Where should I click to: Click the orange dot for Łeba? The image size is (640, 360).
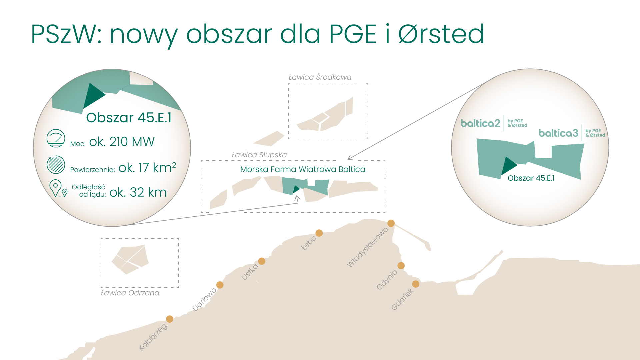(319, 233)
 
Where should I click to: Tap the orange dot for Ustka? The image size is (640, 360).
(262, 261)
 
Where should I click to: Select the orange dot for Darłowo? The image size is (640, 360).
(220, 285)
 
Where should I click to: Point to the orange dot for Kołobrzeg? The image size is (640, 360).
(170, 319)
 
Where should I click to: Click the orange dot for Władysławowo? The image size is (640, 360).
(391, 223)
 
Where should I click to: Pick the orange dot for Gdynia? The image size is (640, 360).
(401, 266)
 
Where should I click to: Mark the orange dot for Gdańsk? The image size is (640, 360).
(416, 284)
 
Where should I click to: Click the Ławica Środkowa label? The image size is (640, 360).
(320, 77)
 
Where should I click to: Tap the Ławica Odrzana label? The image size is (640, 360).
(130, 293)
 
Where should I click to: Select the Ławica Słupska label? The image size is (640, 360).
(259, 155)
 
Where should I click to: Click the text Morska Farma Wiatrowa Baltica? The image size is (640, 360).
(303, 169)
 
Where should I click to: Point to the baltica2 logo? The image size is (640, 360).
(494, 123)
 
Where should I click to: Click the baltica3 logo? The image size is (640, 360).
(572, 133)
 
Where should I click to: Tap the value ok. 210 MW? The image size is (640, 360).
(122, 142)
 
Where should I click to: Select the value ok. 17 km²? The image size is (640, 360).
(147, 167)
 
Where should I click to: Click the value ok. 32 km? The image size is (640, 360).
(138, 192)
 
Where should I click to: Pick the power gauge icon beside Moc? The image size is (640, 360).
(56, 138)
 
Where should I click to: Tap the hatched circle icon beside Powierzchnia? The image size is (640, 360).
(56, 164)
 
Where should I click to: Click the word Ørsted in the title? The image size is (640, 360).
(441, 34)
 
